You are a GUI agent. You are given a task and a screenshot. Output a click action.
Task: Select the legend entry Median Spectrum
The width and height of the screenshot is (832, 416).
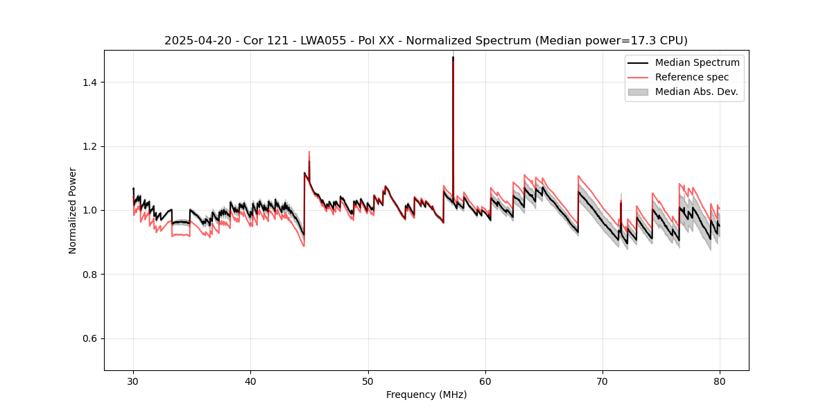click(697, 62)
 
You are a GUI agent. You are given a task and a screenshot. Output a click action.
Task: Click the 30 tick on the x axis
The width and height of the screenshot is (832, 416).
click(133, 381)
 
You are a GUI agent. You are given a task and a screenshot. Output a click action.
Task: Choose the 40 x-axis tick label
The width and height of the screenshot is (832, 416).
click(250, 381)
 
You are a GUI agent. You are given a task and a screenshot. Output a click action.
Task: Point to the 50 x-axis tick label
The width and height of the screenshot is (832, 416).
click(367, 381)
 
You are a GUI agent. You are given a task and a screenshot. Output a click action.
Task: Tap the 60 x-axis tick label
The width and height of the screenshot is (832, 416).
click(485, 381)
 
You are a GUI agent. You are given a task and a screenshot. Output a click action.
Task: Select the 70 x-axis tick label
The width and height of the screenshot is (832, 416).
click(603, 381)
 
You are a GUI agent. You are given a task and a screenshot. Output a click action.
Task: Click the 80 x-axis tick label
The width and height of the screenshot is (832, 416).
click(720, 381)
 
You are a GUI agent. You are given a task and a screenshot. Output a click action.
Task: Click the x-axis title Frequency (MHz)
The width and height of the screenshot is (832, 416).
click(426, 395)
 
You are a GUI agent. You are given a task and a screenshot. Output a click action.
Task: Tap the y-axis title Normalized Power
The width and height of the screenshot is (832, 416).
click(73, 210)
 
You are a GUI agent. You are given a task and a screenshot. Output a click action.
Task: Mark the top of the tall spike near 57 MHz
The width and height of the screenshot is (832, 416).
click(453, 58)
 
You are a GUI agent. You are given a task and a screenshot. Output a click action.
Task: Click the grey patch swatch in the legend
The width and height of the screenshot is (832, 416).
click(637, 92)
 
